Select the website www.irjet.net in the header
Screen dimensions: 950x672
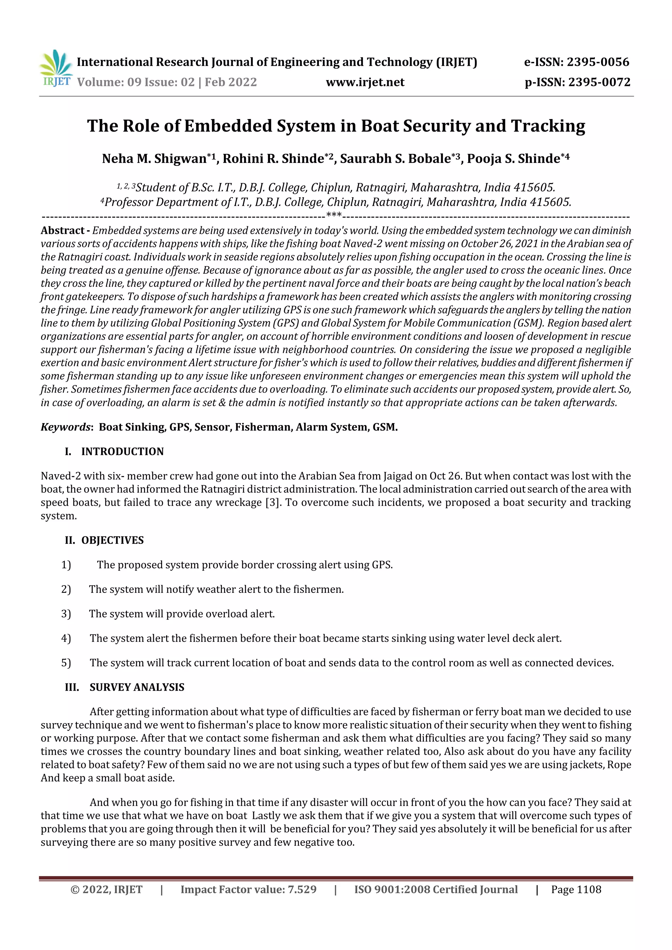point(365,82)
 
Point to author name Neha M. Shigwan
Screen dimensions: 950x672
point(154,158)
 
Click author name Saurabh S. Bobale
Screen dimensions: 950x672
point(395,158)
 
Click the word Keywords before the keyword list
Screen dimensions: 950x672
point(65,427)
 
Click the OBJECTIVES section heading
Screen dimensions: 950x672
point(112,540)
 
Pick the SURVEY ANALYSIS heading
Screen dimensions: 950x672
point(136,687)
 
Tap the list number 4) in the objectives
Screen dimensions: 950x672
point(66,638)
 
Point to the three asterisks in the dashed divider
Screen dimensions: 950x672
point(334,215)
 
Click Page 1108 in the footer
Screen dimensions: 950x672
point(576,889)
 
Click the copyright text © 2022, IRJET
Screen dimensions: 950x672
point(106,889)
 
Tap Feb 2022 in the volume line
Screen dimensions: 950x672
point(230,82)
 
